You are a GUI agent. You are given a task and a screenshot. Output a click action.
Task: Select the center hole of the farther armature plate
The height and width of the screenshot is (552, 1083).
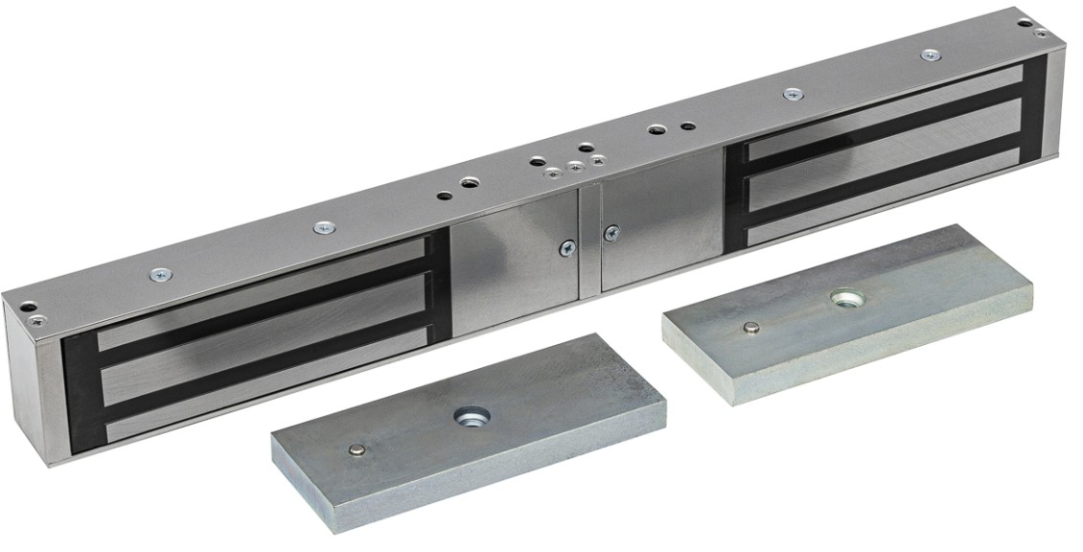[x=845, y=300]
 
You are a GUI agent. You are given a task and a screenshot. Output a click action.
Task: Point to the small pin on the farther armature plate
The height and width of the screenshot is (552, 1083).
[x=752, y=328]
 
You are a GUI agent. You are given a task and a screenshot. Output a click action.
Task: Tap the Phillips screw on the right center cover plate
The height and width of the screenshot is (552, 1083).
[x=610, y=233]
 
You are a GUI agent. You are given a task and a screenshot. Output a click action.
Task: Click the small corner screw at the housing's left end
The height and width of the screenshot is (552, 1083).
[x=36, y=319]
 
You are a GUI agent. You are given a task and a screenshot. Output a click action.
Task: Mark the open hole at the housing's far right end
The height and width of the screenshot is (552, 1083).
[x=1025, y=21]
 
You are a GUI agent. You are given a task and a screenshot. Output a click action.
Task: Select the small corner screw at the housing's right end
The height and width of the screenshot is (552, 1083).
[x=1041, y=32]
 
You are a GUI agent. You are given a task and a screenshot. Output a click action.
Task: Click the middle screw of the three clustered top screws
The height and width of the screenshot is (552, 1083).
[x=575, y=167]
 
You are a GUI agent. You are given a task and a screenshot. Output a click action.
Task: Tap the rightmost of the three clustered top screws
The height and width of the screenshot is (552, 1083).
[x=598, y=160]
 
